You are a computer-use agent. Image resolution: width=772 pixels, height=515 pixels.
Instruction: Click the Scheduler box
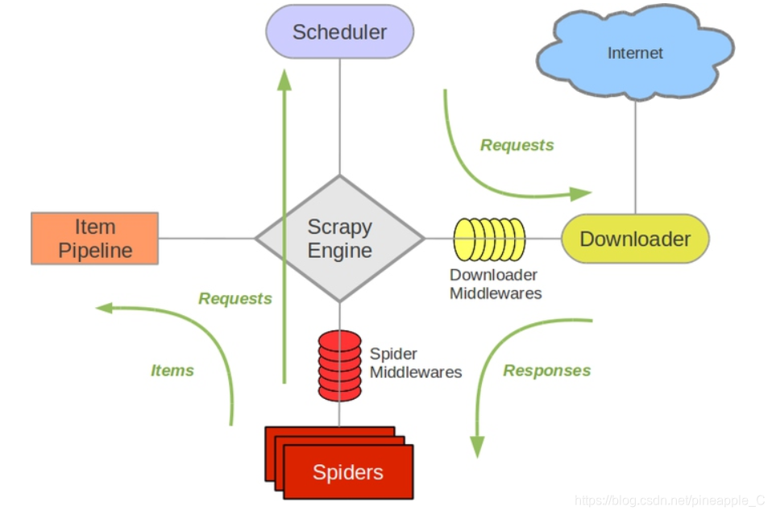[339, 32]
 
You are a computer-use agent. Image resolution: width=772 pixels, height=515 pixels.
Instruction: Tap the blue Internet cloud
[635, 54]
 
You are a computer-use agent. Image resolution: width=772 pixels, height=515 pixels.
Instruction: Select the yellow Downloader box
[635, 239]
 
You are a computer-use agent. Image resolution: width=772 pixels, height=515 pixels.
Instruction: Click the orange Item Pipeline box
[95, 239]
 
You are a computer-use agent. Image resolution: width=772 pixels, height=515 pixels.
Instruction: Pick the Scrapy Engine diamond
[339, 239]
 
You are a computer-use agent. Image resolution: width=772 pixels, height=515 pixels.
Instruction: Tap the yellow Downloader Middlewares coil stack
[489, 239]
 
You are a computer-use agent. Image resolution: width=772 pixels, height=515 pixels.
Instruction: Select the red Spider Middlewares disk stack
[339, 365]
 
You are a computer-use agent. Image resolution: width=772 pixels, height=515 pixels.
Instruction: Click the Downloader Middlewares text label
[495, 284]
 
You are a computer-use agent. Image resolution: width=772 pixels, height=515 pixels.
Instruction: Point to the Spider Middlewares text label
[415, 363]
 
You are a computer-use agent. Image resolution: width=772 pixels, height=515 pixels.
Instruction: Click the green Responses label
[546, 371]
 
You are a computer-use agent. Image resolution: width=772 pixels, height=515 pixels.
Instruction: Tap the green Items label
[172, 371]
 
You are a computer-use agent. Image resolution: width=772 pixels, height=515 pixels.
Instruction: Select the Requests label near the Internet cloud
[517, 145]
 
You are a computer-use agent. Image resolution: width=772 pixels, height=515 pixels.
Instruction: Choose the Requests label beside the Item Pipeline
[235, 299]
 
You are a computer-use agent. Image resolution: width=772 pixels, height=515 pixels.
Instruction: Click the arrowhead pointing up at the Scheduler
[284, 78]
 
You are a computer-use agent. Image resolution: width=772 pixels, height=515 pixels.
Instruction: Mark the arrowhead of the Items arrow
[102, 307]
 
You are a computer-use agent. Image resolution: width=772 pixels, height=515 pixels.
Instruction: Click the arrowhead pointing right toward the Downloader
[582, 193]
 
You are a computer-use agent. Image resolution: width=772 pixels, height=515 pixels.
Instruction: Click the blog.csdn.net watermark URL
[669, 500]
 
